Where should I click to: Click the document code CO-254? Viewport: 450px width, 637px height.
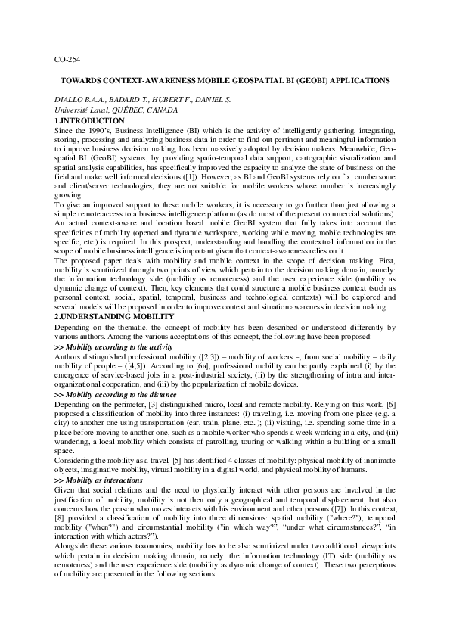[69, 59]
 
